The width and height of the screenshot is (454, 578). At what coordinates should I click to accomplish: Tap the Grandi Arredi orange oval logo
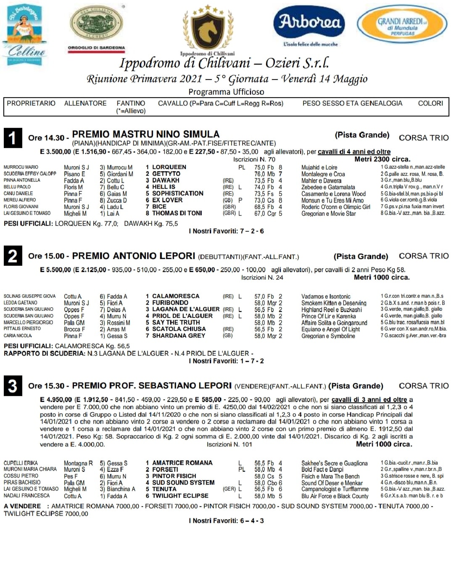coord(402,25)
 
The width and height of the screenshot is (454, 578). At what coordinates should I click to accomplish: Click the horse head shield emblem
coord(208,29)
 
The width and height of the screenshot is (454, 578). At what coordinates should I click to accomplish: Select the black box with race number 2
coord(13,256)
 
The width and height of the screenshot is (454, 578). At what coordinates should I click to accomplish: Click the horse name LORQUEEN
coord(169,167)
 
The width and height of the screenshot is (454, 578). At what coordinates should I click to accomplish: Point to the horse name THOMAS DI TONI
coord(177,213)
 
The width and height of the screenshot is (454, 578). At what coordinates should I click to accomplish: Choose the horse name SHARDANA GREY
coord(179,336)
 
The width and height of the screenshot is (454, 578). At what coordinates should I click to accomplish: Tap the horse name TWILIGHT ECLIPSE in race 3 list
coord(180,496)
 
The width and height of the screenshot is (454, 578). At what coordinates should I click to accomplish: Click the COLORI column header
coord(430,103)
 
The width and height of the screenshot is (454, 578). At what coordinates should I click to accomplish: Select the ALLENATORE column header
coord(85,103)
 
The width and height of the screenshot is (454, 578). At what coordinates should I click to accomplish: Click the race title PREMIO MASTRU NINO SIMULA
coord(146,135)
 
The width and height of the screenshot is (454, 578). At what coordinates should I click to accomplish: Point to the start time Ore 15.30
coord(46,386)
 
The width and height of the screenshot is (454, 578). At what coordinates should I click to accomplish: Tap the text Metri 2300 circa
coord(382,159)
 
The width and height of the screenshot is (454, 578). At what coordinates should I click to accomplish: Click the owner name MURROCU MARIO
coord(21,167)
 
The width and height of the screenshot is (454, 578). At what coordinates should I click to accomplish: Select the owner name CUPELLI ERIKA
coord(21,463)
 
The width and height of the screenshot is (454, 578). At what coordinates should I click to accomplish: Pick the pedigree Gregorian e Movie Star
coord(328,214)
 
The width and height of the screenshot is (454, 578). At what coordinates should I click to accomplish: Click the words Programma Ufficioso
coord(226,92)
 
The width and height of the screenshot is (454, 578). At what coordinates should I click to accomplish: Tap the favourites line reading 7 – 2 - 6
coord(227,231)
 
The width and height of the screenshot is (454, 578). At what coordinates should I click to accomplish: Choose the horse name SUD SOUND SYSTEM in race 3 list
coord(183,483)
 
